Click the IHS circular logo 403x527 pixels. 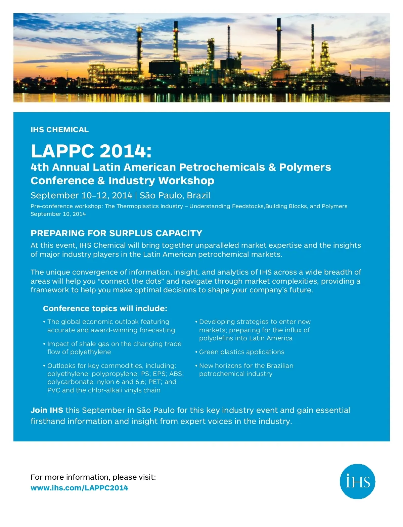(x=357, y=481)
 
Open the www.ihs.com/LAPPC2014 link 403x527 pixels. (x=79, y=488)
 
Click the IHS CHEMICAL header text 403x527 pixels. (x=59, y=130)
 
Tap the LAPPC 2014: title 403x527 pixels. (x=91, y=151)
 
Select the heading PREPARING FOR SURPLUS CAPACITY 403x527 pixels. (x=116, y=233)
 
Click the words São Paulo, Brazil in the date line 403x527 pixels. (x=175, y=195)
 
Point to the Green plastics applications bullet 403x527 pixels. (x=241, y=352)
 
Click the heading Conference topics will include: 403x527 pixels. (x=105, y=308)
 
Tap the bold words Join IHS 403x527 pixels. (x=47, y=410)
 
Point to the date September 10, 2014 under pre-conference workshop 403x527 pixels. (x=58, y=214)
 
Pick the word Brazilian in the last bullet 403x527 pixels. (x=280, y=366)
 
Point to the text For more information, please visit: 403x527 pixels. (x=93, y=477)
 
